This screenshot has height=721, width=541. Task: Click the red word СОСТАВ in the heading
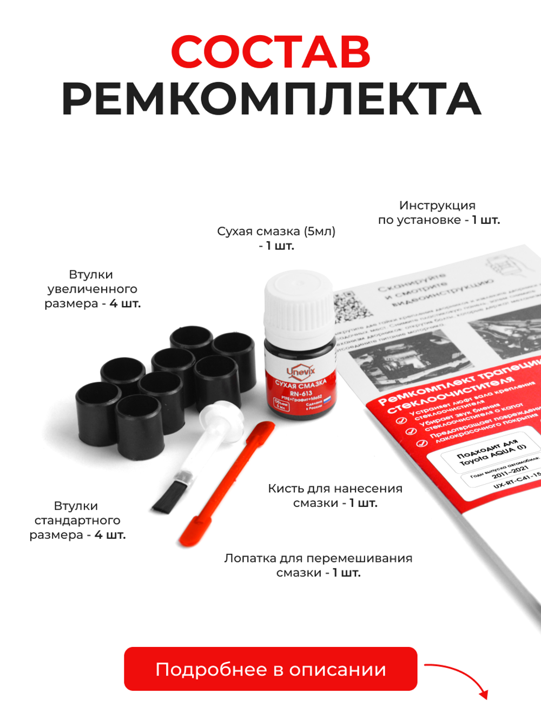click(270, 52)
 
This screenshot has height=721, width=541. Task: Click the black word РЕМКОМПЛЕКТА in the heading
click(270, 100)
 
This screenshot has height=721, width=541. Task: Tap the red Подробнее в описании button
click(270, 669)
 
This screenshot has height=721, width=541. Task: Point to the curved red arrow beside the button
click(460, 676)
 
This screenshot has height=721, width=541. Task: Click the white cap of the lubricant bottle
click(299, 303)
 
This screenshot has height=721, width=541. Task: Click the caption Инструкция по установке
click(438, 213)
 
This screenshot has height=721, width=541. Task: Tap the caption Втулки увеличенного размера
click(92, 289)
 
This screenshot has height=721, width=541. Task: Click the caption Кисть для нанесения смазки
click(335, 495)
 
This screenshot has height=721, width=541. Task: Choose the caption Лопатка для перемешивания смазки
click(318, 565)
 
